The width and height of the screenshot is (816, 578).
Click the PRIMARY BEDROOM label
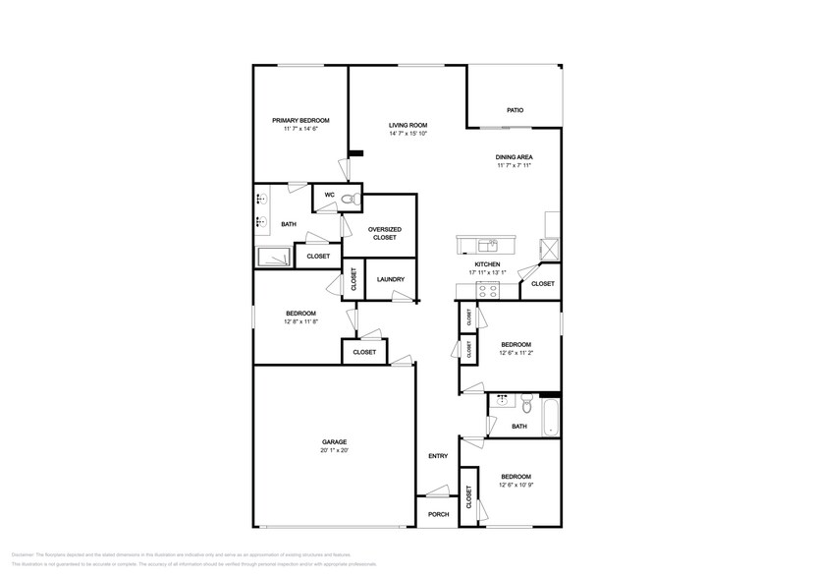click(300, 120)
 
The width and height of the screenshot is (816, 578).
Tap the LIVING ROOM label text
click(408, 125)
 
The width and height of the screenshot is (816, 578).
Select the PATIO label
click(515, 110)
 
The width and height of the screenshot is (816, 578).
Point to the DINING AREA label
click(514, 157)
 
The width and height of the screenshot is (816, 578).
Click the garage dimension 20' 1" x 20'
click(334, 450)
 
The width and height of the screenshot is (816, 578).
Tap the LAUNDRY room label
click(391, 280)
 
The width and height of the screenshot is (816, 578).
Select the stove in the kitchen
click(488, 289)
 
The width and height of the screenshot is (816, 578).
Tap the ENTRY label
click(438, 456)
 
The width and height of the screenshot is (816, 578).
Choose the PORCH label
click(438, 514)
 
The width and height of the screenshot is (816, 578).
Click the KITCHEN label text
click(488, 264)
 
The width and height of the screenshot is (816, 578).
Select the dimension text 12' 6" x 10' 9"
click(516, 484)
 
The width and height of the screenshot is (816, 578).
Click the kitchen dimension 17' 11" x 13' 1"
click(488, 273)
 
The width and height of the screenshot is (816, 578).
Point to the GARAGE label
click(334, 441)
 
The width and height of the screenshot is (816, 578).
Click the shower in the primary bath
click(274, 257)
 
